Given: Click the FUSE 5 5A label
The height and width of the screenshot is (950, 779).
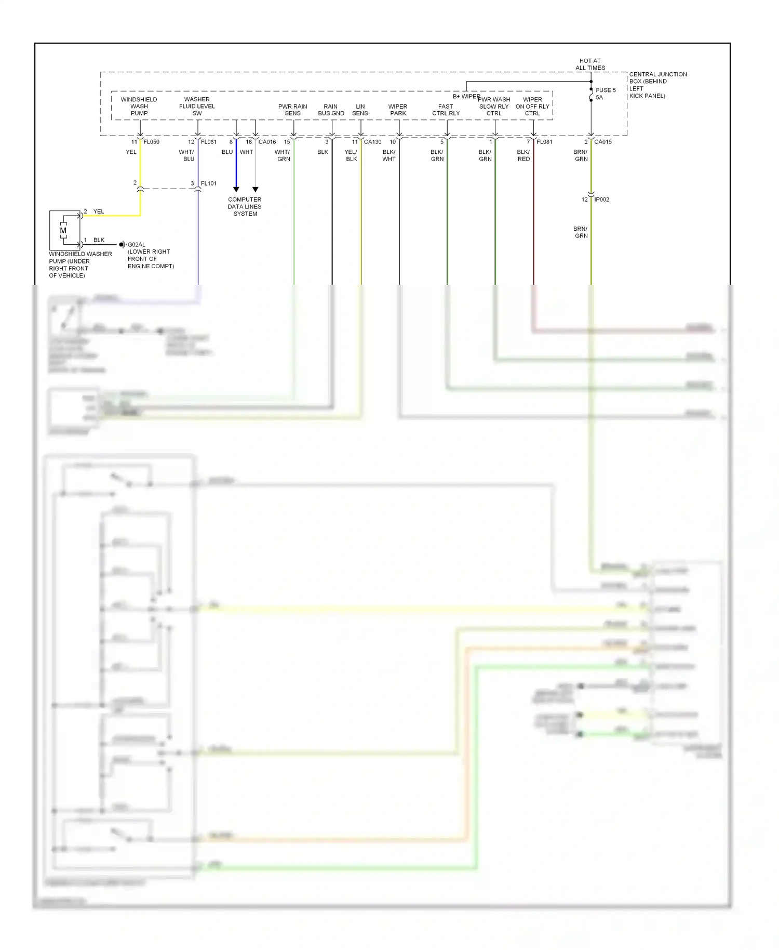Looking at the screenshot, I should coord(605,94).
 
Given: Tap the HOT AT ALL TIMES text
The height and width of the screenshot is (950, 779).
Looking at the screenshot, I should coord(590,64).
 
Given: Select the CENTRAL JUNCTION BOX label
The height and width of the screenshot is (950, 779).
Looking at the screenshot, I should coord(657,85).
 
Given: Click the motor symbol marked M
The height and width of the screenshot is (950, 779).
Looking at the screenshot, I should coord(63,230).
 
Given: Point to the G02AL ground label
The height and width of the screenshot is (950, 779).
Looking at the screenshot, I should coord(137,244).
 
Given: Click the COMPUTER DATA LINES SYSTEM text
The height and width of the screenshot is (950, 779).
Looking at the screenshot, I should coord(245,206).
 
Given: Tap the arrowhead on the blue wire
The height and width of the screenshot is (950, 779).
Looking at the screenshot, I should coord(236,190).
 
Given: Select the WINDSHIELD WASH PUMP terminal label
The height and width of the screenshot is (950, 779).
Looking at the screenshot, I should coord(139,106).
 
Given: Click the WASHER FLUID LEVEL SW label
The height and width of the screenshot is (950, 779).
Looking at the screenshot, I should coord(197,106).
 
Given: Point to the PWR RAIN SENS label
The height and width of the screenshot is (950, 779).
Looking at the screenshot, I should coord(292,110).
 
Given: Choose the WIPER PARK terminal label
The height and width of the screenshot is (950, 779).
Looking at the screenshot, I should coord(398,110).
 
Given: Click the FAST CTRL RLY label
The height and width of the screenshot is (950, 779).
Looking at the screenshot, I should coord(446,110).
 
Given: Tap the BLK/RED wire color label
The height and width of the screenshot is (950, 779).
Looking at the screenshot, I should coord(523,155).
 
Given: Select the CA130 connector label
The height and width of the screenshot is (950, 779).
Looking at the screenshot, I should coord(372,142).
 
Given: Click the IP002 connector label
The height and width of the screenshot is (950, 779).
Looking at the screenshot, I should coord(601,200).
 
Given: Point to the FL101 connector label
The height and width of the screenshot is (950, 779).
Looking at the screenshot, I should coord(209,183).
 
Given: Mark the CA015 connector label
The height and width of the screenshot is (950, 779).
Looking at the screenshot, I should coord(603,142).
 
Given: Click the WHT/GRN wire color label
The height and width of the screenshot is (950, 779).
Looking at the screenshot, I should coord(283,155).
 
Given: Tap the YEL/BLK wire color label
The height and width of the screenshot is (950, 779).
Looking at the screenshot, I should coord(351,155).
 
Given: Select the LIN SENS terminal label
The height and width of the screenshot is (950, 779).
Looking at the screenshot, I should coord(360,110).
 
